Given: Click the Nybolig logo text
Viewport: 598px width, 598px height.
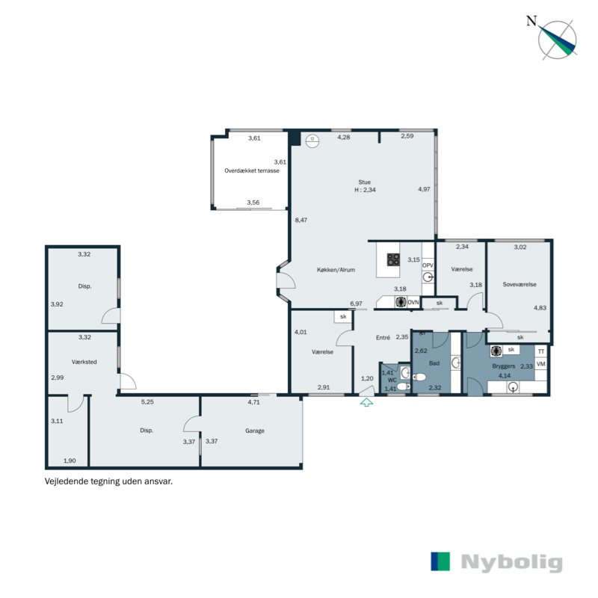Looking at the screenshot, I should pos(511,562).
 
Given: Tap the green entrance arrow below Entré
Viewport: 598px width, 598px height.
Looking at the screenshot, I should pos(366,403).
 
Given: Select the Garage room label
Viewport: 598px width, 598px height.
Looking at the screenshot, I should pos(255,431).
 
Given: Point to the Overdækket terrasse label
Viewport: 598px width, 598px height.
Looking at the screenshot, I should pos(252,171).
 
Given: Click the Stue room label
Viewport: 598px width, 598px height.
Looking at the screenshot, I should pos(364,182).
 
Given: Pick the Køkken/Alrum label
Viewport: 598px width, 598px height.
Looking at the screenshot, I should pos(336,271).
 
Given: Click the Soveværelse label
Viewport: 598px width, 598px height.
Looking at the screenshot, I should pos(520,284).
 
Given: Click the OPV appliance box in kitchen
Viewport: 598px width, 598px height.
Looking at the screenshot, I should pos(428,265).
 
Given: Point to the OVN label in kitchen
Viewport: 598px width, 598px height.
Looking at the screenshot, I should pos(413,302).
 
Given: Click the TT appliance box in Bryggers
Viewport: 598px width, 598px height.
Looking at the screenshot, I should pos(541,351).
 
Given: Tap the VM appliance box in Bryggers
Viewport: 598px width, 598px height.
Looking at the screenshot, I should pos(541,364).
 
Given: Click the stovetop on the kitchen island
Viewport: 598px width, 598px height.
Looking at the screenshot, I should pos(393,259).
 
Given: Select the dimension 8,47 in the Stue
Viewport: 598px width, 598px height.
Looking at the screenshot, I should pos(301,220).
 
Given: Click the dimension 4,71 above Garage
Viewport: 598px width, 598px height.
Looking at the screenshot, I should pos(256,402).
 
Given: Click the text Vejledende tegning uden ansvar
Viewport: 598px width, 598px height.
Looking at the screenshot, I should pos(109,482).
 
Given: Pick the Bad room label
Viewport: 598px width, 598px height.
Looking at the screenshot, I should pos(434,363).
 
